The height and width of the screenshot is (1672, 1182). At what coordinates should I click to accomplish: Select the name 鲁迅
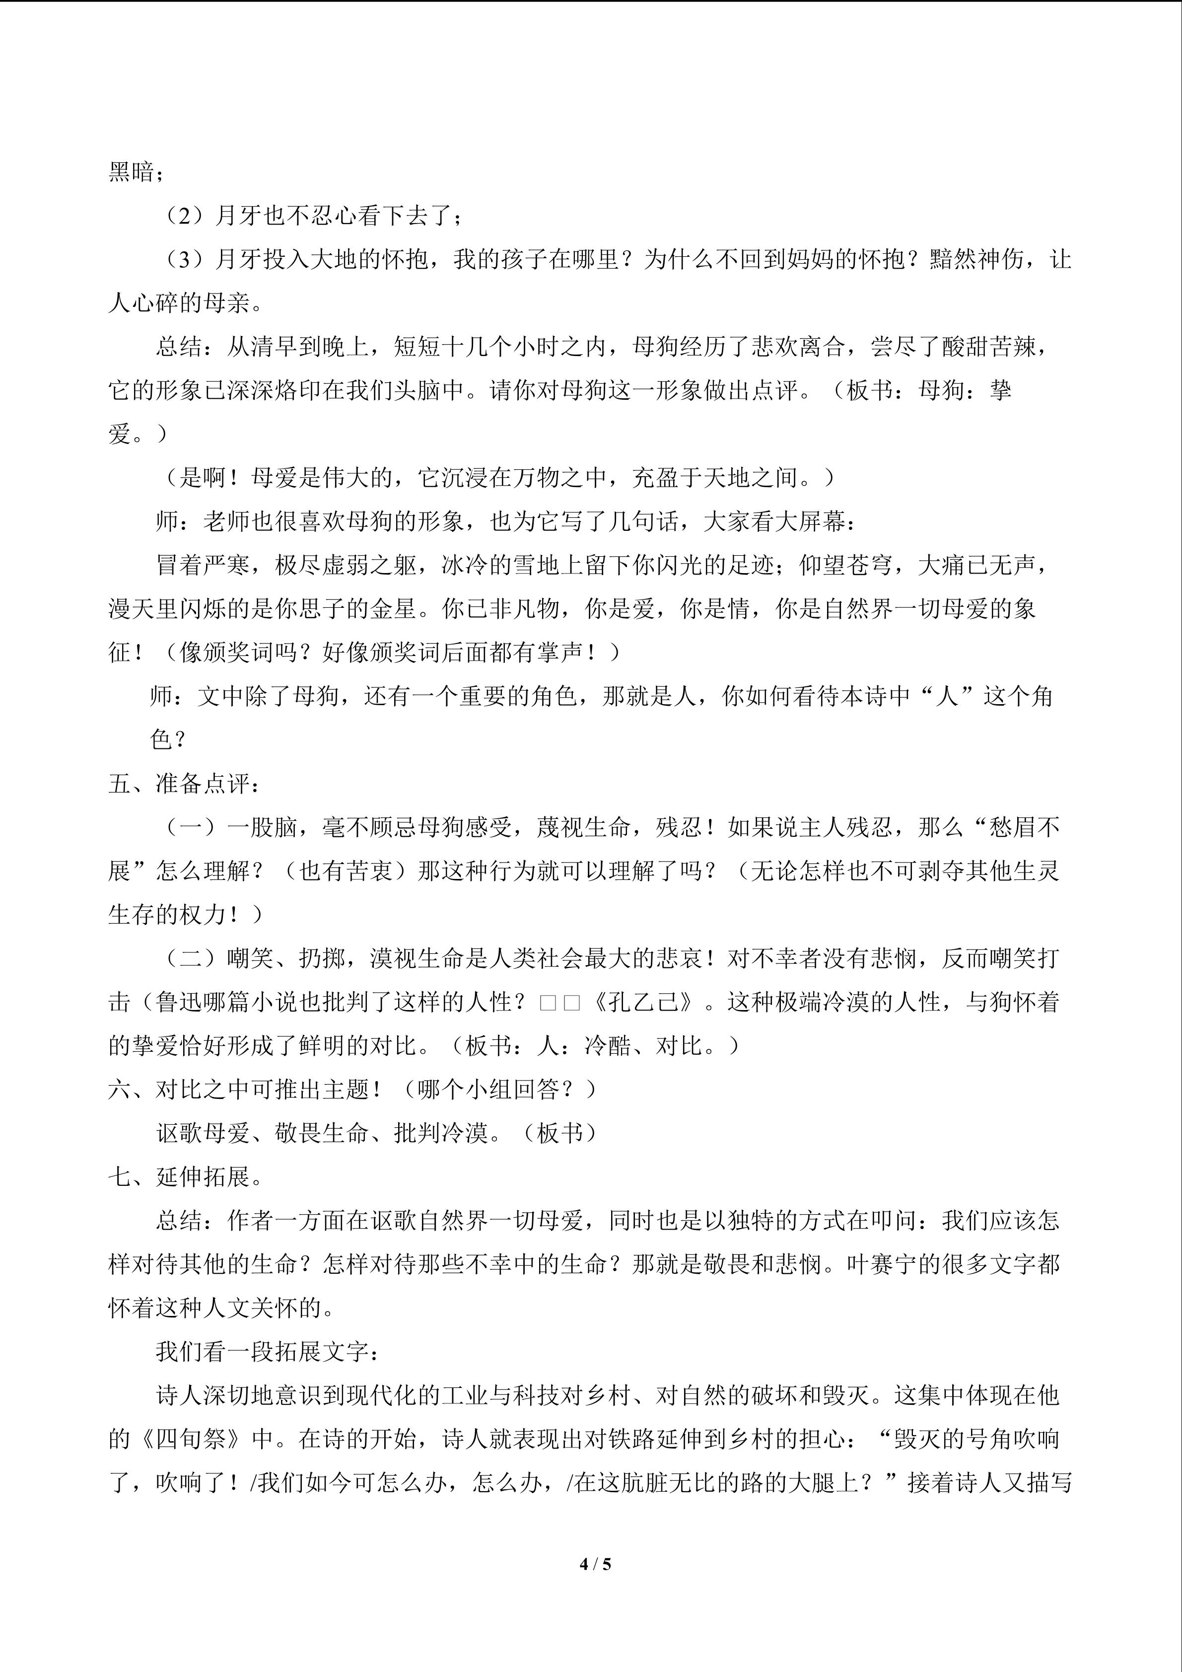point(179,1003)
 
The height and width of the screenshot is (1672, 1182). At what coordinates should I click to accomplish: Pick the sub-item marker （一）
point(191,827)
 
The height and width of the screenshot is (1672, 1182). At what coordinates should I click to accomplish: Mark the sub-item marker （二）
point(191,959)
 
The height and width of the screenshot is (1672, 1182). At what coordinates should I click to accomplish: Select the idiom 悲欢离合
point(798,348)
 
